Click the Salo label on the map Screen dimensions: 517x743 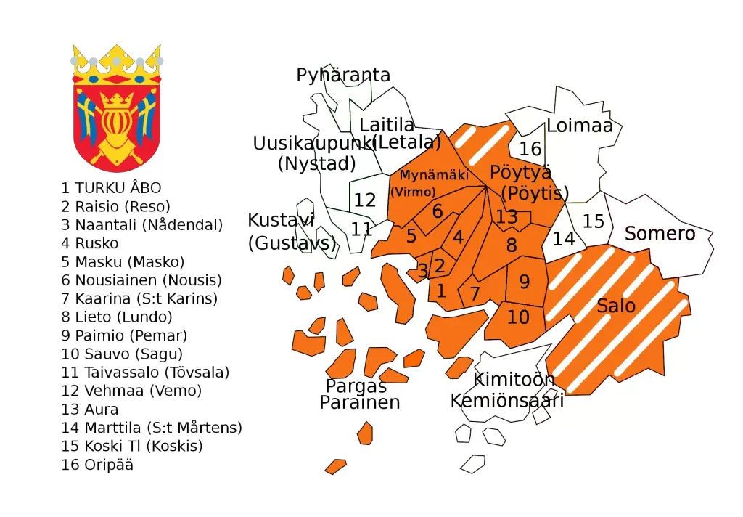pyautogui.click(x=616, y=306)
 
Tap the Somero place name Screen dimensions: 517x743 pyautogui.click(x=660, y=234)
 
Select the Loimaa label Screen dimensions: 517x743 pyautogui.click(x=580, y=126)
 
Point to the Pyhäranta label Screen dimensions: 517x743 pyautogui.click(x=343, y=76)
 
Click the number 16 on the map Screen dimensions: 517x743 pyautogui.click(x=530, y=149)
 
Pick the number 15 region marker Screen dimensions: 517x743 pyautogui.click(x=593, y=221)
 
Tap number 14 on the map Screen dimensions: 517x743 pyautogui.click(x=564, y=238)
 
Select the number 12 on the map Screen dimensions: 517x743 pyautogui.click(x=364, y=200)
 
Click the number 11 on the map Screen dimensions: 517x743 pyautogui.click(x=361, y=229)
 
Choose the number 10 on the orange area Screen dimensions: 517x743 pyautogui.click(x=518, y=317)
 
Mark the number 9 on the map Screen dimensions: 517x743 pyautogui.click(x=524, y=282)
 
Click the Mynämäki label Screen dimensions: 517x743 pyautogui.click(x=434, y=175)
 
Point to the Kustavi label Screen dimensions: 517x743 pyautogui.click(x=281, y=220)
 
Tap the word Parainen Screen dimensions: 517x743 pyautogui.click(x=360, y=403)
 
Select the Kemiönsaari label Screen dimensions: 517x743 pyautogui.click(x=506, y=401)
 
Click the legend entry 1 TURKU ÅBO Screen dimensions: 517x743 pyautogui.click(x=111, y=188)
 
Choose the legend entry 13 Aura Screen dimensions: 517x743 pyautogui.click(x=90, y=410)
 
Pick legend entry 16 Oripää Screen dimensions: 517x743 pyautogui.click(x=97, y=465)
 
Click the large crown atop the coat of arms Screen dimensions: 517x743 pyautogui.click(x=116, y=64)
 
